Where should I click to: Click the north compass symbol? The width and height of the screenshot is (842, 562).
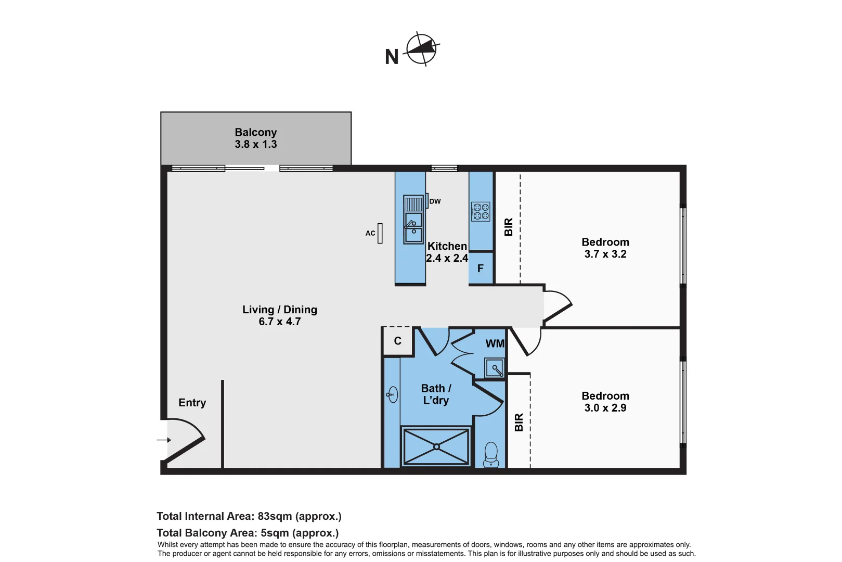(421, 49)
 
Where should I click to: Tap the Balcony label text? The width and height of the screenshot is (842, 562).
(255, 132)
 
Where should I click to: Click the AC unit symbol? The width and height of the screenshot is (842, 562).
(380, 233)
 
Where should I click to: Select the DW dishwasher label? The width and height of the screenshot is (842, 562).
(435, 201)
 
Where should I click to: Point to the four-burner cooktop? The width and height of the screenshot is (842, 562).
(481, 211)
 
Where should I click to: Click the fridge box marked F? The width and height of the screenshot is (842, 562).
(481, 269)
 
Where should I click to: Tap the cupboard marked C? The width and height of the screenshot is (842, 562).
(398, 341)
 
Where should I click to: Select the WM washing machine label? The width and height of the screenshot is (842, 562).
(495, 343)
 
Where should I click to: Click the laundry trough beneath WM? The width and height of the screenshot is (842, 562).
(495, 368)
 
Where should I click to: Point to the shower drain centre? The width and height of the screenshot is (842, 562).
(436, 446)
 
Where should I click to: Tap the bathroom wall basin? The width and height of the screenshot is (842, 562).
(392, 394)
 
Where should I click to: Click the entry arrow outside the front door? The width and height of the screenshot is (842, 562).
(164, 440)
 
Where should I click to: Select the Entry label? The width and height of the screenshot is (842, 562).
(192, 403)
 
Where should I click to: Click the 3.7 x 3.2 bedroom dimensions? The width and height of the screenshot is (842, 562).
(605, 254)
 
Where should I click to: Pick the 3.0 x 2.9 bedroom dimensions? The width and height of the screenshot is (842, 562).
(605, 408)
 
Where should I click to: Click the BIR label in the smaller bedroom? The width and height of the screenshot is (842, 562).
(519, 422)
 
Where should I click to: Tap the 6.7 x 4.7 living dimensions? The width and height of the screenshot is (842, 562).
(279, 322)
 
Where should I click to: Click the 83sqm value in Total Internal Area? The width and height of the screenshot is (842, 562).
(274, 516)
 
